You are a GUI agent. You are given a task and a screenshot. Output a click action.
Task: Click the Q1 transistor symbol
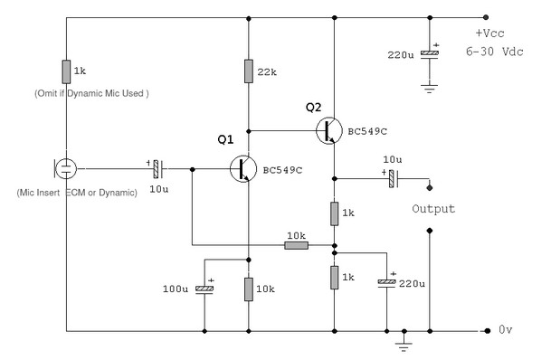point(243,169)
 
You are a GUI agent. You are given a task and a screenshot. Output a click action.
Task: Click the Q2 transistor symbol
point(329,130)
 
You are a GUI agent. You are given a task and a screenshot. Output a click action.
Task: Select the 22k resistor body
point(249,71)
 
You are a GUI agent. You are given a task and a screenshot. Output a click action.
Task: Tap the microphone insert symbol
point(65,168)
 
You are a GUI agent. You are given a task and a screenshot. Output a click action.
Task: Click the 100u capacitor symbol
point(204,289)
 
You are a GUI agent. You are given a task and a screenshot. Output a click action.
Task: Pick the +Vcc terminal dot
point(486,17)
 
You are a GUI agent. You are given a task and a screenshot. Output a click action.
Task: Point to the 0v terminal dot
point(487,331)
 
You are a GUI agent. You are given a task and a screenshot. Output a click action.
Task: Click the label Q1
point(225,139)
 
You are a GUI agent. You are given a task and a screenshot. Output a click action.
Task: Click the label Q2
point(313,107)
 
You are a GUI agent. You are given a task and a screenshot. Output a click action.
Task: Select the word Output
point(433,209)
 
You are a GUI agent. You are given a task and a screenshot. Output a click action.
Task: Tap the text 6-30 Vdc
point(494,52)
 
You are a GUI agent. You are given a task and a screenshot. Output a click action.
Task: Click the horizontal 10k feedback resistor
point(296,245)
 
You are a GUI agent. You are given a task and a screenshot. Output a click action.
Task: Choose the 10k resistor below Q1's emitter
point(249,289)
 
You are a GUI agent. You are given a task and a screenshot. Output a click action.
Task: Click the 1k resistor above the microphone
point(66,71)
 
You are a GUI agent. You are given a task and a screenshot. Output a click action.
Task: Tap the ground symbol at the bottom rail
point(404,346)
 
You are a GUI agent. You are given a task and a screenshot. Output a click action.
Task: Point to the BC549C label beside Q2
point(367,131)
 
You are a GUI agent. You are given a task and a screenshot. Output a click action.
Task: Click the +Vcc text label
point(489,33)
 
